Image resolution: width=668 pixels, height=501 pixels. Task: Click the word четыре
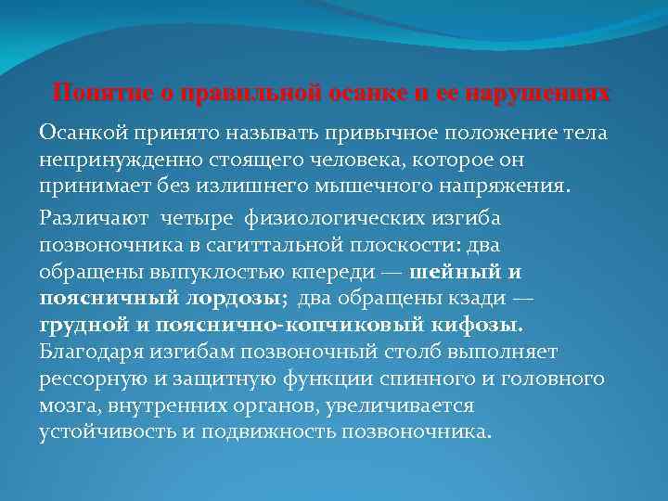click(197, 216)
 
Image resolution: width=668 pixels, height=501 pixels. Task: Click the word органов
click(283, 405)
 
